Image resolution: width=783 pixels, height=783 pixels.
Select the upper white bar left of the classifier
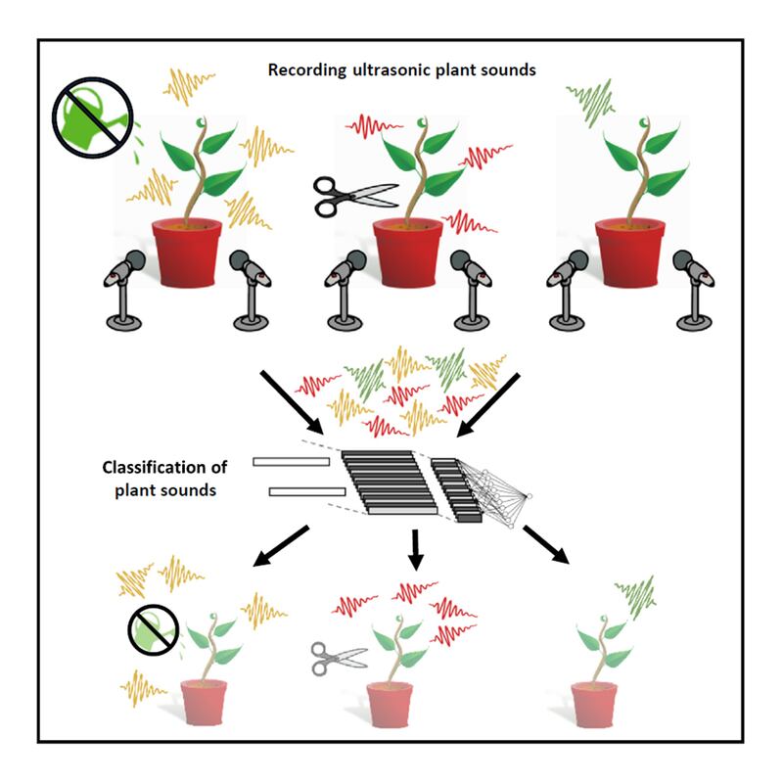[x=291, y=462]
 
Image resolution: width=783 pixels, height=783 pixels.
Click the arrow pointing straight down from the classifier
[x=414, y=548]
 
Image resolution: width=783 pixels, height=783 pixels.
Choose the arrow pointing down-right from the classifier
[x=548, y=544]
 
